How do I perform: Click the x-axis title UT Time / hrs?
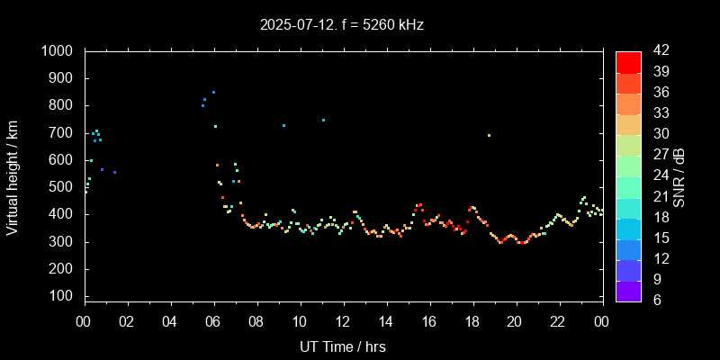342,346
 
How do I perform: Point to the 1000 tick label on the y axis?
58,51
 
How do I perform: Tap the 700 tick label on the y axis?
63,133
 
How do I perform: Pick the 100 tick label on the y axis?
63,296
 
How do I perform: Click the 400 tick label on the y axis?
63,214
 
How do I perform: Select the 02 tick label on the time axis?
127,321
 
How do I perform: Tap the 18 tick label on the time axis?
472,321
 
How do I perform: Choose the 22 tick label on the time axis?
558,321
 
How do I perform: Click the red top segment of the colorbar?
628,61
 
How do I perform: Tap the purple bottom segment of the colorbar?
628,291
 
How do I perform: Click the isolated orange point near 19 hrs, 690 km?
489,136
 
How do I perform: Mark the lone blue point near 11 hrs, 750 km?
323,120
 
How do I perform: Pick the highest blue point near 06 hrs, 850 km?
213,93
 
